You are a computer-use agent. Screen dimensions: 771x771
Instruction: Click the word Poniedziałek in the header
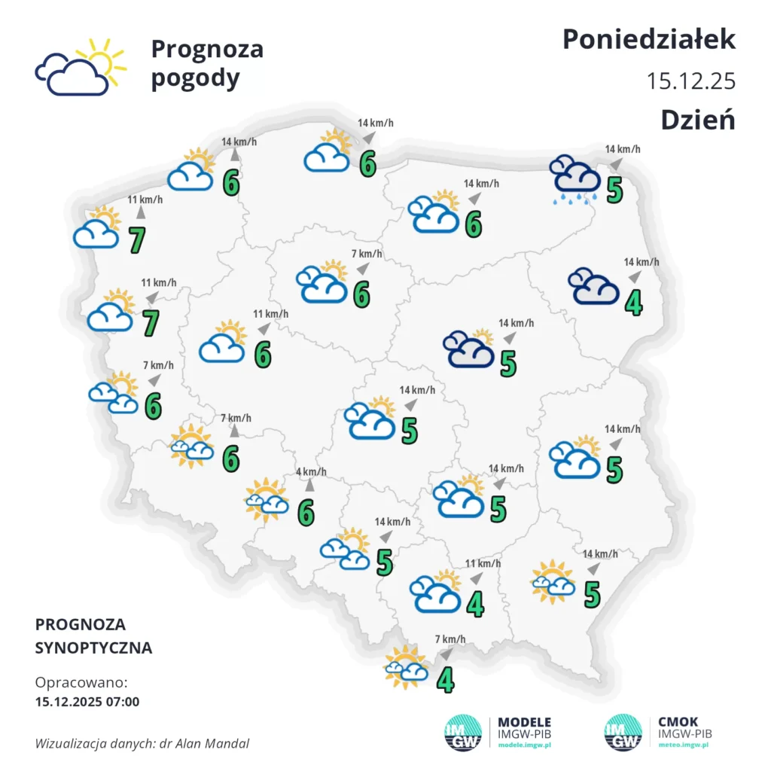648,39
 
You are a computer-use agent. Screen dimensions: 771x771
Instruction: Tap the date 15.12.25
690,81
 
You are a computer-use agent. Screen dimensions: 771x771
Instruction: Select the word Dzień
697,119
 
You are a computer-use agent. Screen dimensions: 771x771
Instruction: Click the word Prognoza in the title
207,49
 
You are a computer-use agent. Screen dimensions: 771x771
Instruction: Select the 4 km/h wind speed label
311,472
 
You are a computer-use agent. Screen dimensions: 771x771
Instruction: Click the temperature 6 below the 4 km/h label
306,513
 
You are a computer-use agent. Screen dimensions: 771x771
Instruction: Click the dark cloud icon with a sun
468,349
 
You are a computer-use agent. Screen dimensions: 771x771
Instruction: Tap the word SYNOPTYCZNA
93,648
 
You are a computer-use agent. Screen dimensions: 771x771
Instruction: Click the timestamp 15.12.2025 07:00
87,702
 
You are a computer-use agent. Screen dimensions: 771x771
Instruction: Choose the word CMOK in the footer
678,721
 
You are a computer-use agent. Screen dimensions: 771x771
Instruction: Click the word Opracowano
81,683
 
